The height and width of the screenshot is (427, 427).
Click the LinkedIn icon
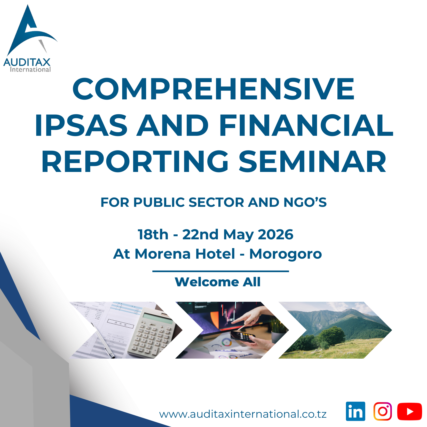coord(355,411)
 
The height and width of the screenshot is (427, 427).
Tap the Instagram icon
coord(383,411)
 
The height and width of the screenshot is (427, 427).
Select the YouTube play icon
coord(409,412)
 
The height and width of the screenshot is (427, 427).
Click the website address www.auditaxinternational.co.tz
coord(243,414)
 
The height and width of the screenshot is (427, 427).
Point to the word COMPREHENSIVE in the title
coord(213,89)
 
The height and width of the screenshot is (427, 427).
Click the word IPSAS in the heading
coord(81,125)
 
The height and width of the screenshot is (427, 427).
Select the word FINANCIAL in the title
coord(306,125)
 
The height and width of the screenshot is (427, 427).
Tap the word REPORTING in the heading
coord(135,161)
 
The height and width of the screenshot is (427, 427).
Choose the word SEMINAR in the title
coord(312,161)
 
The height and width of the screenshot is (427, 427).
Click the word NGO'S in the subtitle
coord(305,202)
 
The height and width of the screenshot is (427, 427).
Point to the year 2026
coord(275,234)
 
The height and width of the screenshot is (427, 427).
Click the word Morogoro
coord(286,254)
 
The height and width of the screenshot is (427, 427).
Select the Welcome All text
coord(218,282)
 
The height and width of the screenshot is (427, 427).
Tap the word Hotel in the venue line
coord(215,254)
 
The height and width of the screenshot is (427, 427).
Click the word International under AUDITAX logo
coord(30,69)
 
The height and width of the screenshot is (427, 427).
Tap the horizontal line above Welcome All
coord(221,271)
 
